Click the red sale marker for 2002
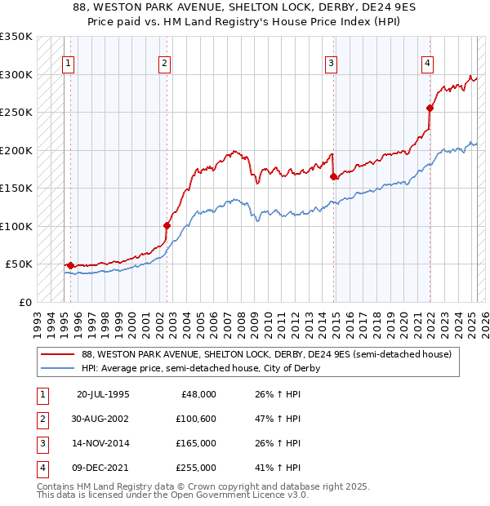point(167,225)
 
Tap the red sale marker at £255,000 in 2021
point(430,108)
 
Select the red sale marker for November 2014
point(333,176)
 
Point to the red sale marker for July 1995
point(70,265)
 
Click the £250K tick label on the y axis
point(16,113)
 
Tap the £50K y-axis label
point(20,264)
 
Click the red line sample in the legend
point(58,354)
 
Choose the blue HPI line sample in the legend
point(58,368)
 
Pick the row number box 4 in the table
point(42,468)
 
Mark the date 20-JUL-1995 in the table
point(103,394)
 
